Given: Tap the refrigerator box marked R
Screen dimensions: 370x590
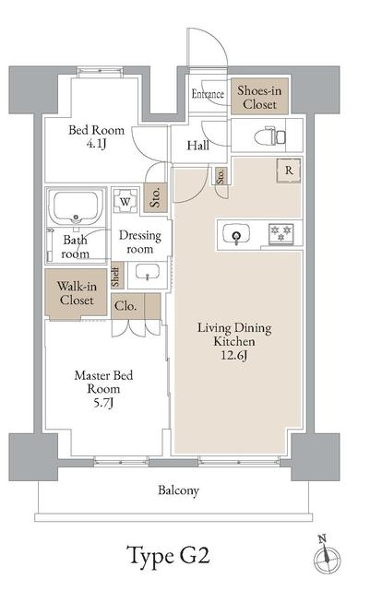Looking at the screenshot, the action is coord(289,171).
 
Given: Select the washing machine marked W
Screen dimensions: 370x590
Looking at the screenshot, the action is coord(125,201).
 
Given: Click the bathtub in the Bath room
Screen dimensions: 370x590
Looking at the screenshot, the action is coord(76,207).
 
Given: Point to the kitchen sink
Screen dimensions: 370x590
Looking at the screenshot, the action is coord(236,234).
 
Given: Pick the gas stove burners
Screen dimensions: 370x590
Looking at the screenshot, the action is coord(280,233).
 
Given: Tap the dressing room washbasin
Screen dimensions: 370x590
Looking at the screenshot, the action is coord(147,272).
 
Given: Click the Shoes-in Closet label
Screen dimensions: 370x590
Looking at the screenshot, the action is coord(259,97).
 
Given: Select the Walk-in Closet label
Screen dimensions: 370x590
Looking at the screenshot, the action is coord(77,293).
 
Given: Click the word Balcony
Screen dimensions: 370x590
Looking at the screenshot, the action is coord(178,490).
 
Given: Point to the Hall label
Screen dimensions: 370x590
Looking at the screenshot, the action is coord(198,146).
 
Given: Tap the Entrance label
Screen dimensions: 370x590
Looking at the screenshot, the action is coord(208,94).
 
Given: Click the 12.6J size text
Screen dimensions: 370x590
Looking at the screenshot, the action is coord(234,355).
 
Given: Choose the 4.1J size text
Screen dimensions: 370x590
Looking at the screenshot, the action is coord(96,144).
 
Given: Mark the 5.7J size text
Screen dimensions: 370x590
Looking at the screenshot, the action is coord(103,403).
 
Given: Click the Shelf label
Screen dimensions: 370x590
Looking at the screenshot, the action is coord(116,276).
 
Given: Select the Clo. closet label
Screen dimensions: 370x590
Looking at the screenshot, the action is coord(125,306).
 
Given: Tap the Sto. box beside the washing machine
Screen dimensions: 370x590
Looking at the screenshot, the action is coord(155,197).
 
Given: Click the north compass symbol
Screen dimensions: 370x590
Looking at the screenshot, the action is coord(327,556).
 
